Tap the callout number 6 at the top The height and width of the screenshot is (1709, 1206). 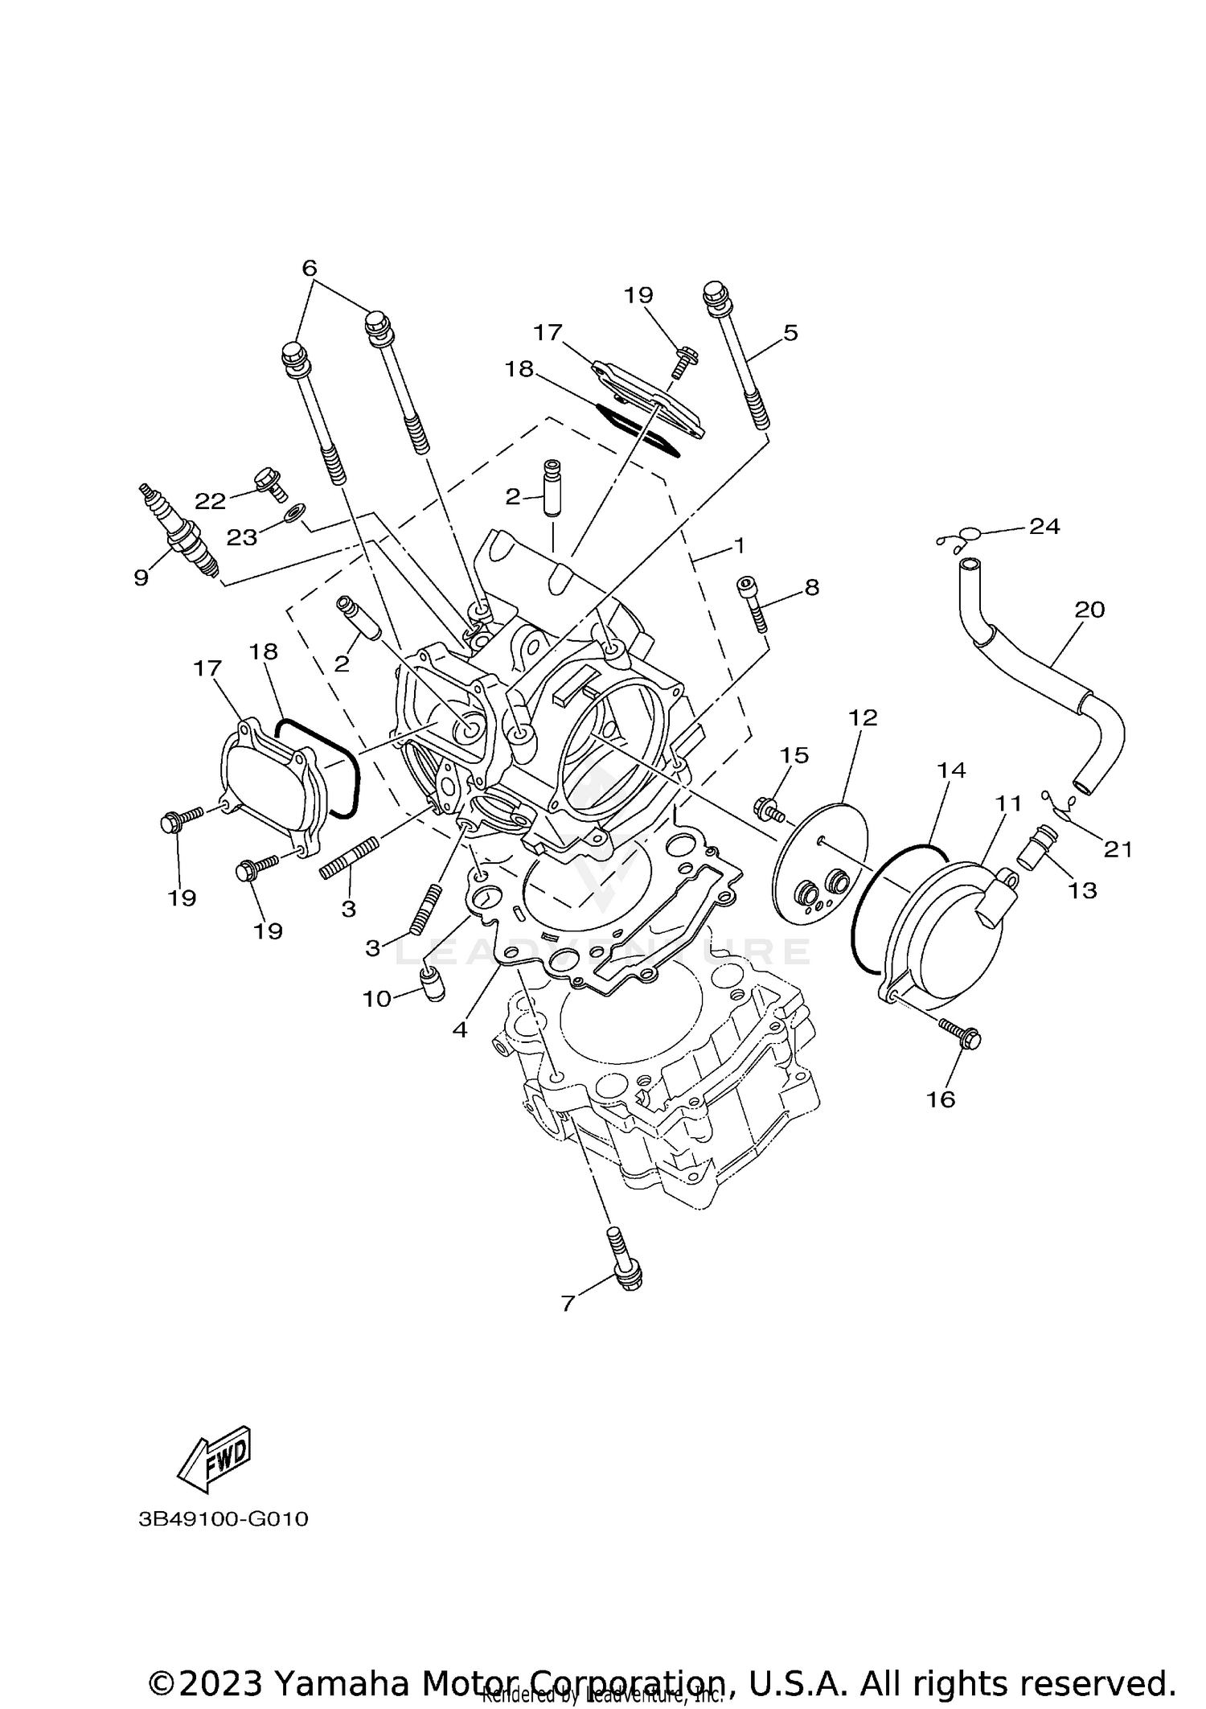[310, 268]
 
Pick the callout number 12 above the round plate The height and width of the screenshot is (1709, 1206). [863, 717]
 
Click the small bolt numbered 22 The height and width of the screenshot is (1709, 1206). [271, 484]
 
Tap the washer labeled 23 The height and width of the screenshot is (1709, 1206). [295, 511]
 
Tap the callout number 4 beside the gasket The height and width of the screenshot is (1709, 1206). [460, 1029]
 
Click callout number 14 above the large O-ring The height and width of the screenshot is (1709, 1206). [951, 770]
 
